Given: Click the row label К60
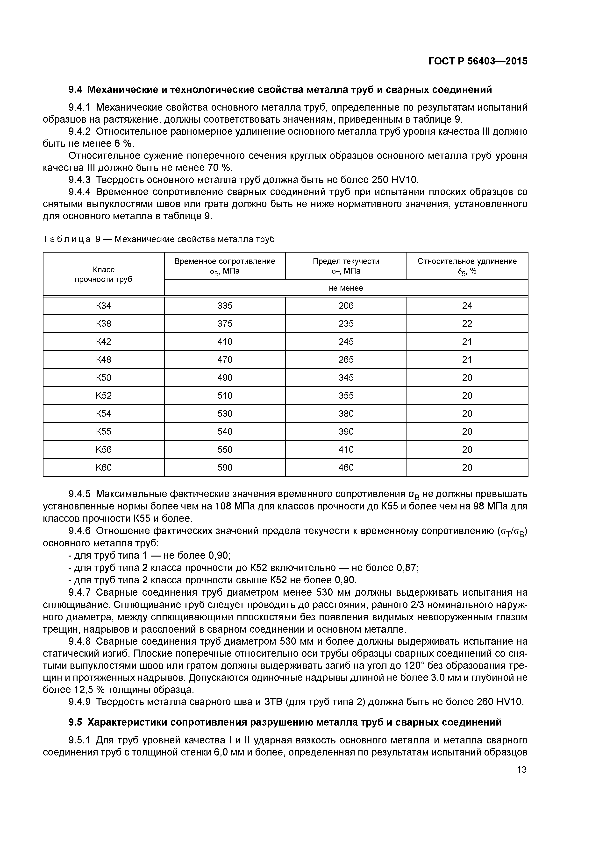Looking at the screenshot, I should pos(103,467).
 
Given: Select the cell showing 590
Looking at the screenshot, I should pos(225,467).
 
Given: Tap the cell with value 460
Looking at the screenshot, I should pos(346,467).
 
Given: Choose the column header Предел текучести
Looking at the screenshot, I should pos(346,261).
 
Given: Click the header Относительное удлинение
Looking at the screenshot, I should pos(467,261).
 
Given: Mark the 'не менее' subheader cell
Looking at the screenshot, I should pos(346,288).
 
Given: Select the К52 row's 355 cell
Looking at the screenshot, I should pos(346,395).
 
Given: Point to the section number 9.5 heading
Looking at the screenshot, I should pos(76,722).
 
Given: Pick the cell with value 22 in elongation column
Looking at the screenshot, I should pos(467,324).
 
